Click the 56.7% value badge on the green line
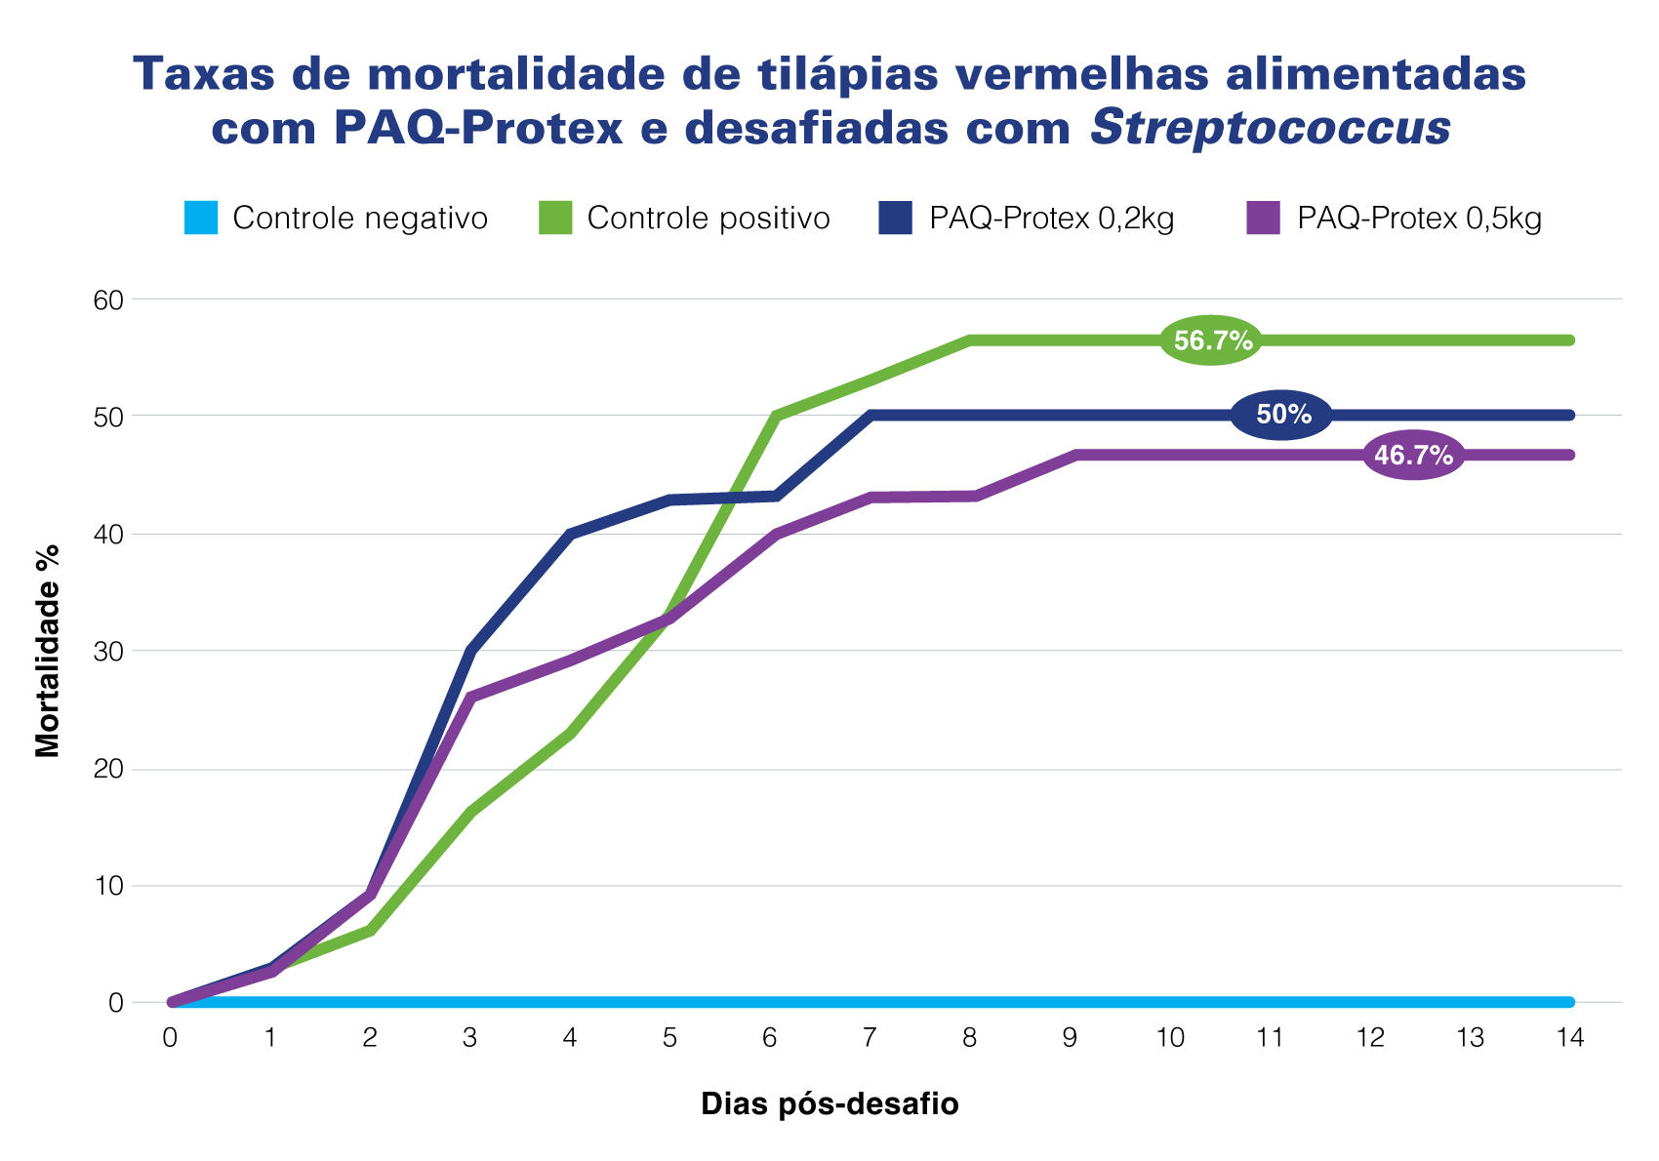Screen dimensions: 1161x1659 click(1212, 340)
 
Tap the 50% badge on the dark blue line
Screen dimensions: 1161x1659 click(1282, 415)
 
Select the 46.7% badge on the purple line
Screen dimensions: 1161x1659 click(1412, 455)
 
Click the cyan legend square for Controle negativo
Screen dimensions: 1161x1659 click(201, 218)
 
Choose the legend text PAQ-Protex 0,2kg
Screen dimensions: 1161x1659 click(1051, 218)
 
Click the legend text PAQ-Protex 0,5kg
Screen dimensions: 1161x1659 click(1419, 218)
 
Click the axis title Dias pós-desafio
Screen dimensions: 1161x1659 click(829, 1104)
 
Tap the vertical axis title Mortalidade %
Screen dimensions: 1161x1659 click(48, 651)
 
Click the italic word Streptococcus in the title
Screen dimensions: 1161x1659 click(1271, 129)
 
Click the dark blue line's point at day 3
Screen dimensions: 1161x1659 click(470, 651)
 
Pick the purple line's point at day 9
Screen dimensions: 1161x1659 click(1077, 456)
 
